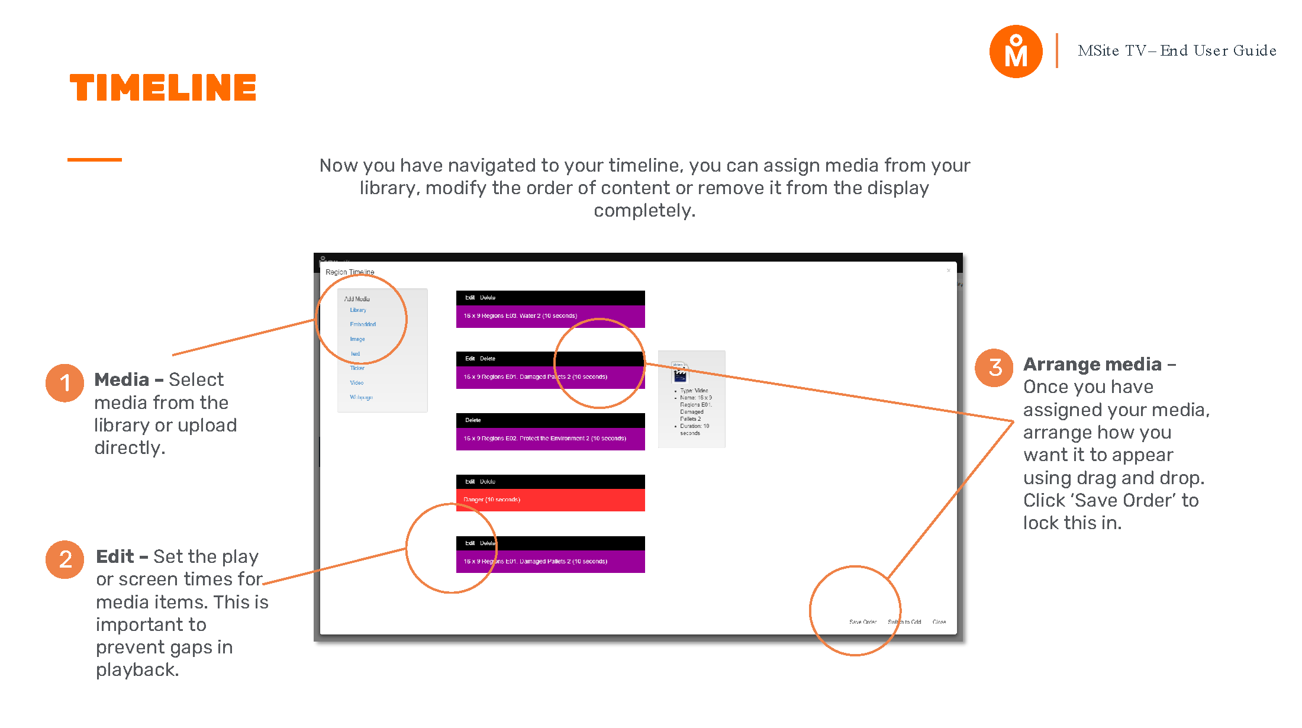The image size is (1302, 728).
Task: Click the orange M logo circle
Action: coord(1016,51)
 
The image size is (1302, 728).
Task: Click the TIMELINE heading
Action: coord(163,88)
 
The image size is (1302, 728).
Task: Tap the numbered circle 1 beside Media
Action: coord(65,383)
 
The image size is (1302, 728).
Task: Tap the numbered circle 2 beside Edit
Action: coord(65,559)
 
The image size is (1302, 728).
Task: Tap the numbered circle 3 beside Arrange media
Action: coord(994,368)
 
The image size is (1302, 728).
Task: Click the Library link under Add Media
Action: coord(357,310)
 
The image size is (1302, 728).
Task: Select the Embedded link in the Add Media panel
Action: coord(362,324)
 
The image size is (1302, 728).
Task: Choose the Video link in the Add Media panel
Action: coord(356,383)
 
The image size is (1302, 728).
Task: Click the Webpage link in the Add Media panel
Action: coord(361,397)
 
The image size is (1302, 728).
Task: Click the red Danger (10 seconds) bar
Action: coord(550,500)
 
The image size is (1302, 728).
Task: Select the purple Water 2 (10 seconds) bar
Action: coord(550,316)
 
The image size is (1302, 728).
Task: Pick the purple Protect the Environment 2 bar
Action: coord(550,439)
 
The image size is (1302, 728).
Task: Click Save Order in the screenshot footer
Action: coord(862,622)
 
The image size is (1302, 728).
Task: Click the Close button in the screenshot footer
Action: coord(939,622)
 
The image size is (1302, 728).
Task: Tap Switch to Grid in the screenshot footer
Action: coord(904,622)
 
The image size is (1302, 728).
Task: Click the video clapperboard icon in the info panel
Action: coord(679,374)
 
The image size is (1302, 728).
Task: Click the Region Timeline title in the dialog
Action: coord(350,272)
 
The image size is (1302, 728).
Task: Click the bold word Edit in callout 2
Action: coord(115,557)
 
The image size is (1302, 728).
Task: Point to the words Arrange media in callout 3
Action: coord(1092,365)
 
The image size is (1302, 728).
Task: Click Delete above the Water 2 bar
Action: coord(488,298)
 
